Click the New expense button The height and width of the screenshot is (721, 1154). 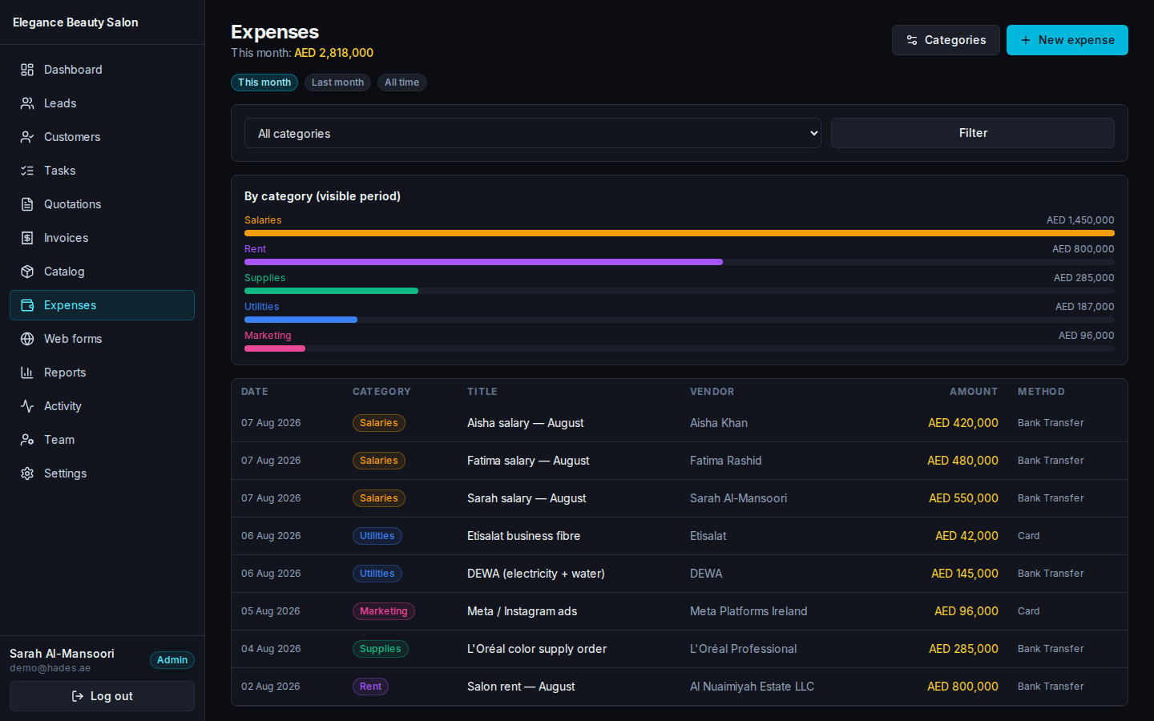1067,40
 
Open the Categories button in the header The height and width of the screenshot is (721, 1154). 946,40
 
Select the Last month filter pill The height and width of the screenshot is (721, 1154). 337,83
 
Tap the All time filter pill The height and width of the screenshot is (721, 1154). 401,83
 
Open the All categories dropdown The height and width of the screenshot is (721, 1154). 533,133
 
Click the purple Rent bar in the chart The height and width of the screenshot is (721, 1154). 483,262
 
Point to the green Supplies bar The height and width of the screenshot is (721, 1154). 331,291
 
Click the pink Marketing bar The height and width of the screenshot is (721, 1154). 275,348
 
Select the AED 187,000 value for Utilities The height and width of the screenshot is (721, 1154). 1084,306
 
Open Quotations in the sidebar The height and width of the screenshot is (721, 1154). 72,204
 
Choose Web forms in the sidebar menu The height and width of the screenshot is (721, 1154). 73,339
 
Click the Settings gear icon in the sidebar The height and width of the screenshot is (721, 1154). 27,473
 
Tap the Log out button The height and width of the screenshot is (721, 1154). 102,696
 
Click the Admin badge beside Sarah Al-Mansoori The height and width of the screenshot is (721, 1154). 172,660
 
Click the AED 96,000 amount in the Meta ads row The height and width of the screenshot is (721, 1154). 966,611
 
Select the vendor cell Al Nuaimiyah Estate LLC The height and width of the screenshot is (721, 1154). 752,687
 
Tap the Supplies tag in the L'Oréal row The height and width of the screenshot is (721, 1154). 380,649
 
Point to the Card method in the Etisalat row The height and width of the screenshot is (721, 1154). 1028,536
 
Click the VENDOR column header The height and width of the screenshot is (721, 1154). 712,392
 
